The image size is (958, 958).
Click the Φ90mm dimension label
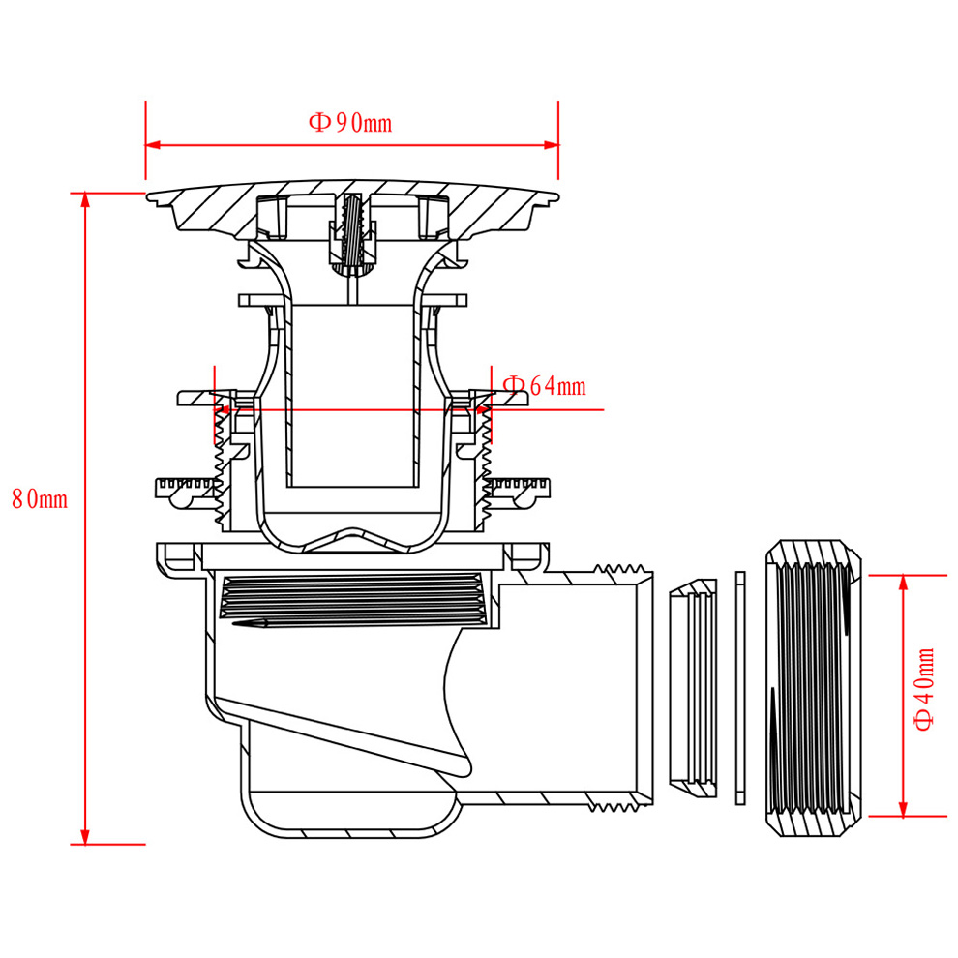click(x=350, y=123)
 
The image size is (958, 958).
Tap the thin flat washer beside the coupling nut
click(x=741, y=688)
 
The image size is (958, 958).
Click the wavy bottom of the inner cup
click(x=353, y=538)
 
